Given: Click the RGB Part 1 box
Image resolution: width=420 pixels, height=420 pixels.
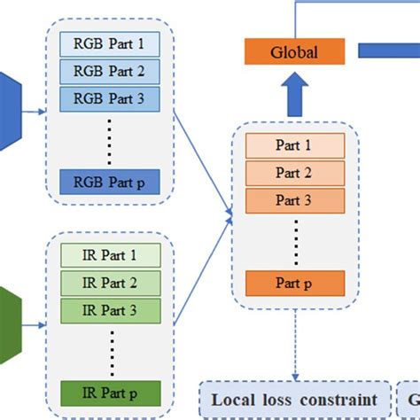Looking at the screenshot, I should [x=109, y=43].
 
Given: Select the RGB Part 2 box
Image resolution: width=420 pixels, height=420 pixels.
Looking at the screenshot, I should [x=109, y=71].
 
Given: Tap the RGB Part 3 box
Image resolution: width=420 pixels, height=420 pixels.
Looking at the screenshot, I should [x=109, y=98].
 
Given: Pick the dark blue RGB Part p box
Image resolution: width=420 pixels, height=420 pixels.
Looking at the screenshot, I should [x=109, y=180].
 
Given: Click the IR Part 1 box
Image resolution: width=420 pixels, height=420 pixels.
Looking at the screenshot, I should [x=109, y=256].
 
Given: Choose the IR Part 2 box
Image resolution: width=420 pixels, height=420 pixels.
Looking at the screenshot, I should [x=109, y=284].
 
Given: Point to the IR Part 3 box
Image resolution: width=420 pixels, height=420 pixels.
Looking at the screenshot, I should [x=109, y=311].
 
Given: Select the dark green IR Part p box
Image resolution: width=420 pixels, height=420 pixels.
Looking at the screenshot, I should [x=109, y=393].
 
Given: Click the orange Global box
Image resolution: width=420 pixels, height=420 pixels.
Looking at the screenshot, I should [x=293, y=51].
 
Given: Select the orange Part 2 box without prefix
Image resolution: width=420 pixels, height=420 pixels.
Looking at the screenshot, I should [x=293, y=174].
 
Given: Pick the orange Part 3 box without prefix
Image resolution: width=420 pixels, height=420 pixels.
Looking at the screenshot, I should [x=293, y=201].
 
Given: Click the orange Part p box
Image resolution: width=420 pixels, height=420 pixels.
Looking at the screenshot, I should [x=293, y=284].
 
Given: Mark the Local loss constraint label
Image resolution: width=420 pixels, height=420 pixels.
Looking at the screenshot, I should [x=294, y=400].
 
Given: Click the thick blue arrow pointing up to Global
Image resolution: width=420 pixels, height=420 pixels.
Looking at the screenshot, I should [x=293, y=93].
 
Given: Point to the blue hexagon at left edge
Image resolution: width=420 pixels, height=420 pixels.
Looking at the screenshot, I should [x=7, y=112].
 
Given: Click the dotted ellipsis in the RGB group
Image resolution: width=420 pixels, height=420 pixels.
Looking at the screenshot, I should [x=109, y=139].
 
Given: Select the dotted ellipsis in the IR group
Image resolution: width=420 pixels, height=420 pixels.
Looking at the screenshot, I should [x=109, y=352].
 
